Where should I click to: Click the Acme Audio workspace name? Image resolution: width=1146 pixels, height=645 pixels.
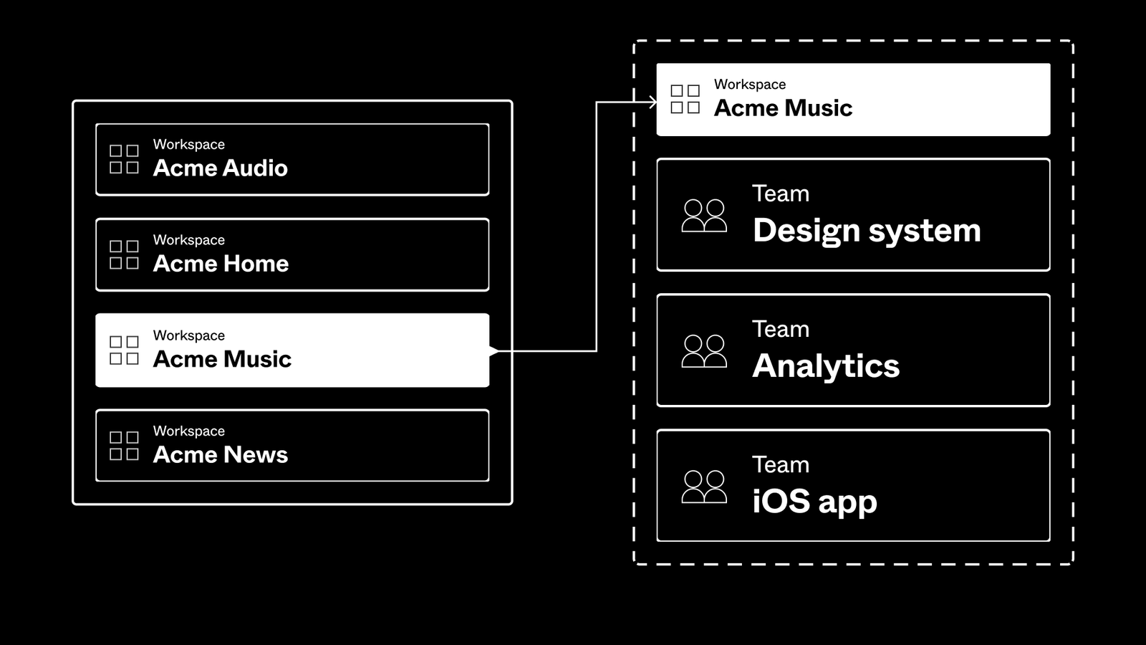(x=220, y=168)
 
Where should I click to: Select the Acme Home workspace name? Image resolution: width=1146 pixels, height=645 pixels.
(x=221, y=264)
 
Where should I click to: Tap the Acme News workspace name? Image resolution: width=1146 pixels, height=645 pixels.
(x=220, y=455)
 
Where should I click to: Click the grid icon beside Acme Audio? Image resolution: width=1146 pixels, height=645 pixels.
(x=124, y=159)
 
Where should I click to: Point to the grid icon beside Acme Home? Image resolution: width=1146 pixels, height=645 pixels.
(x=124, y=254)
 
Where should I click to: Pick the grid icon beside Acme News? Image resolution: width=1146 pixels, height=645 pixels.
(x=124, y=446)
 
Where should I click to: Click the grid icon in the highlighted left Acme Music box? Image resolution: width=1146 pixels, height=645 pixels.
(x=124, y=350)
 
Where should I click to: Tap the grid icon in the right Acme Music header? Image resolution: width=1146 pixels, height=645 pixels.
(x=685, y=99)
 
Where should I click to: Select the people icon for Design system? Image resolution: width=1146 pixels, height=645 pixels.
(x=704, y=216)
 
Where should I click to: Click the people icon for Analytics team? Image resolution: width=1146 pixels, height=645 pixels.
(x=704, y=351)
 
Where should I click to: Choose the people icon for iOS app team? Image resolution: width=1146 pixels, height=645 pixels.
(x=704, y=487)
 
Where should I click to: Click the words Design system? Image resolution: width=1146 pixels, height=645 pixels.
(x=867, y=231)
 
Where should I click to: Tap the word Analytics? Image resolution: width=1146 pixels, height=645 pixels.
(x=826, y=366)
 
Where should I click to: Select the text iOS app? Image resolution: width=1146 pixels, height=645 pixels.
(x=814, y=502)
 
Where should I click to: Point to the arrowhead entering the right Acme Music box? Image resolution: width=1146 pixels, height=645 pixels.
(x=653, y=102)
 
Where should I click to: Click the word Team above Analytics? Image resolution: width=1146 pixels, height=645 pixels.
(x=781, y=329)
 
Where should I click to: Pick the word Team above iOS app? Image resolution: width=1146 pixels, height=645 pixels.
(x=781, y=464)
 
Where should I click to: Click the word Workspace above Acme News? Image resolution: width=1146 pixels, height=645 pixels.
(x=188, y=431)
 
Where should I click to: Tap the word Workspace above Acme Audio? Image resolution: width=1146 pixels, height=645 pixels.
(x=188, y=144)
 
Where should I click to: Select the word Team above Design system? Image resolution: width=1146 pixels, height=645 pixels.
(x=781, y=193)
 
